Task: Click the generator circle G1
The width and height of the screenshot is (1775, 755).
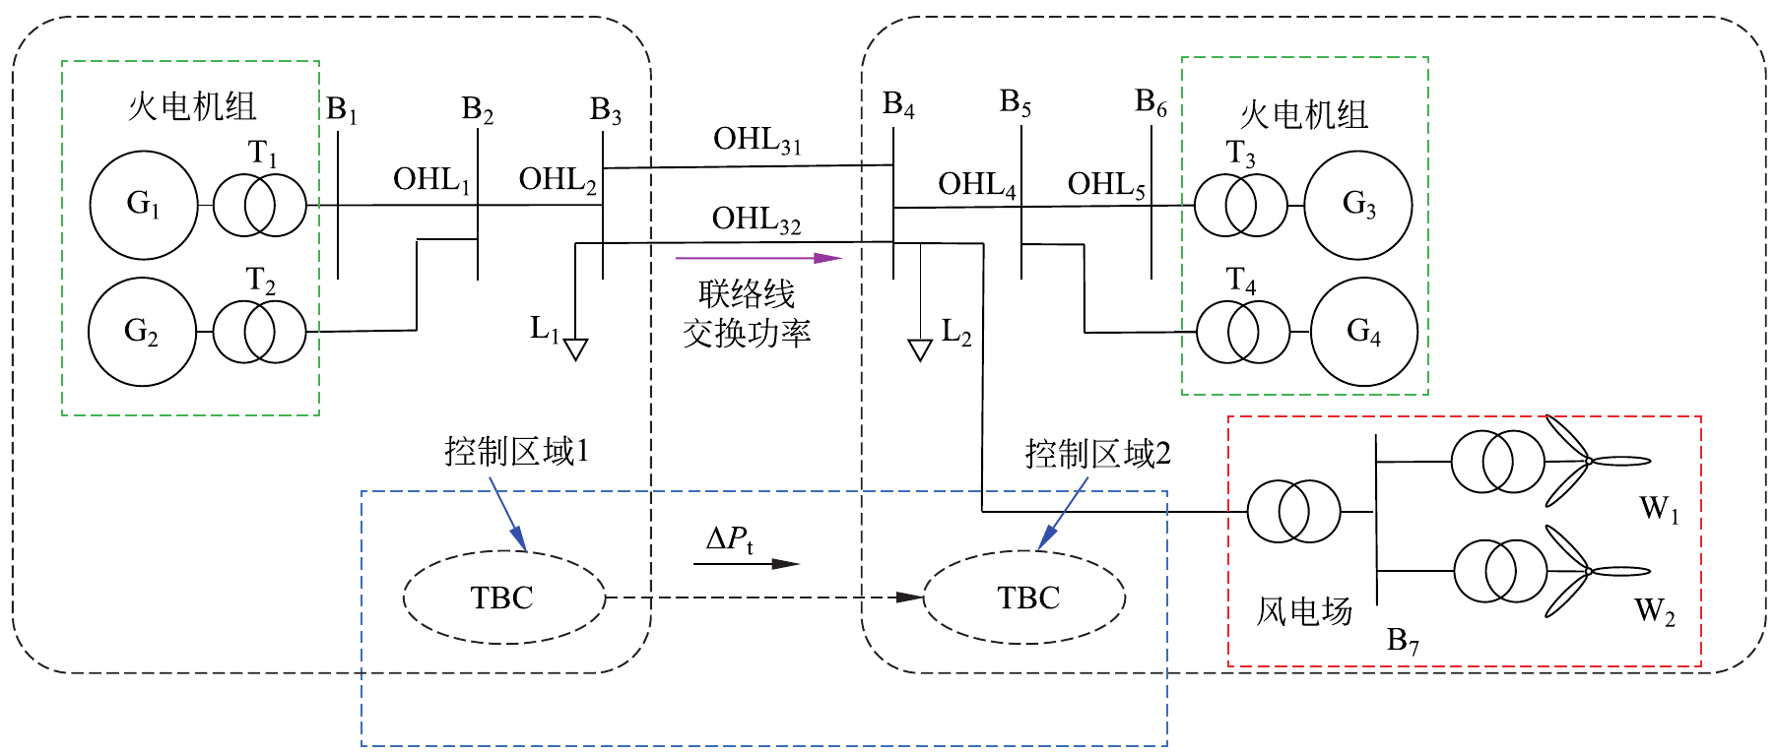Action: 144,205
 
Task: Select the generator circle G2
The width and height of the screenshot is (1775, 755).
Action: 142,332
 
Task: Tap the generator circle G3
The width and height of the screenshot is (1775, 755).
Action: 1358,205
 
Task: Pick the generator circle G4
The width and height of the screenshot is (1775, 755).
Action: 1363,331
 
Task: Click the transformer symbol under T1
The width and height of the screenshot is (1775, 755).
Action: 259,205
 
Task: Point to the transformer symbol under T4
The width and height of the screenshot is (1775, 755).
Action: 1242,332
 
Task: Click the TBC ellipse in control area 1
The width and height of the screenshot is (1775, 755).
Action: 503,598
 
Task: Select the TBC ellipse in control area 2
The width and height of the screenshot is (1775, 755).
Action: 1025,598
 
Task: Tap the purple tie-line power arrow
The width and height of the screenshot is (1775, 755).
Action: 758,259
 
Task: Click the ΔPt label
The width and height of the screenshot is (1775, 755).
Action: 730,539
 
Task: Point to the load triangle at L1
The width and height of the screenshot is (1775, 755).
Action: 575,349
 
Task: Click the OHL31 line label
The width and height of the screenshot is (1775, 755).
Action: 756,141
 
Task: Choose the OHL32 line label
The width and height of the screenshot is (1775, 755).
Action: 756,220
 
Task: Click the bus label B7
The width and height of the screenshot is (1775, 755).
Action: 1403,641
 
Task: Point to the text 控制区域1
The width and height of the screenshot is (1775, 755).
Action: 516,452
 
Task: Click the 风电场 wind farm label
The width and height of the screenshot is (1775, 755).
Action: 1303,611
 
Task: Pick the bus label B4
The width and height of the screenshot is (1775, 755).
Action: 898,104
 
